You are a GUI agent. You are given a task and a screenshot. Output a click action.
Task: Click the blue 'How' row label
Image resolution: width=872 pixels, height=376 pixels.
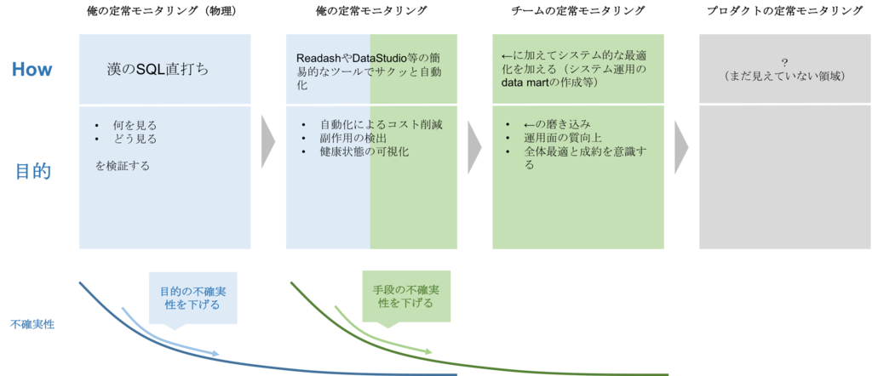coord(32,70)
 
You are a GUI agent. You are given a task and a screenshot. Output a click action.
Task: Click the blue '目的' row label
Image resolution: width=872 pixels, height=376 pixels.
coord(33,172)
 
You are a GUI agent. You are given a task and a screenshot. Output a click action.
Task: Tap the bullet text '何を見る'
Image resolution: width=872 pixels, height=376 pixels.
coord(135,125)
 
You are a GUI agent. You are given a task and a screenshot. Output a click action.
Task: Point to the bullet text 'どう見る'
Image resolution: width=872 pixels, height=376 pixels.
coord(135,139)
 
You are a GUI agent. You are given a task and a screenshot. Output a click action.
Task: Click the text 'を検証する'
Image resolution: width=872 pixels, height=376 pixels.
coord(123,166)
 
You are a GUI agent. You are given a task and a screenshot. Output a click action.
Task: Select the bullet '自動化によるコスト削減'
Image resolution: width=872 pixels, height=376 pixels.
coord(381,125)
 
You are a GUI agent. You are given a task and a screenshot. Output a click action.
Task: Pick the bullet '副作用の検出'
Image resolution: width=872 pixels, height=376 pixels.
coord(353,139)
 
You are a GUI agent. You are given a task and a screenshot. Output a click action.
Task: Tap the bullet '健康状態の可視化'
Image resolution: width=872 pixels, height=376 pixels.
coord(365,152)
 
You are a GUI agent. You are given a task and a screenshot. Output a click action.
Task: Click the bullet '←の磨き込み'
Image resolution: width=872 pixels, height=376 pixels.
coord(557,125)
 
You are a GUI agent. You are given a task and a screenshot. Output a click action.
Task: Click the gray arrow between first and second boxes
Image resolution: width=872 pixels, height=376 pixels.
coord(268,142)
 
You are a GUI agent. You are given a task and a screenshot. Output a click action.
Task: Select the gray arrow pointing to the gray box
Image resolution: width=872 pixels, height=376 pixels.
coord(681,142)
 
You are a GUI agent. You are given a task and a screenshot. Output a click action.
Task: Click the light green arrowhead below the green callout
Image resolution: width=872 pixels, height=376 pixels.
coord(427,350)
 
